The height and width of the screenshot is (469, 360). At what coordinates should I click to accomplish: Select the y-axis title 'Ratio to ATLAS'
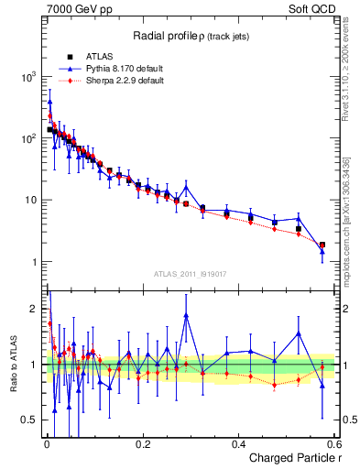pos(13,366)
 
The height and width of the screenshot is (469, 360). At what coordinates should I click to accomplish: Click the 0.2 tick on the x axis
pos(142,443)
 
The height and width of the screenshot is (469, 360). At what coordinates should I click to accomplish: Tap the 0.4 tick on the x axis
pos(238,443)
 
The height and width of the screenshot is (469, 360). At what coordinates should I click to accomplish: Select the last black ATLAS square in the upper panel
pos(322,245)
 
